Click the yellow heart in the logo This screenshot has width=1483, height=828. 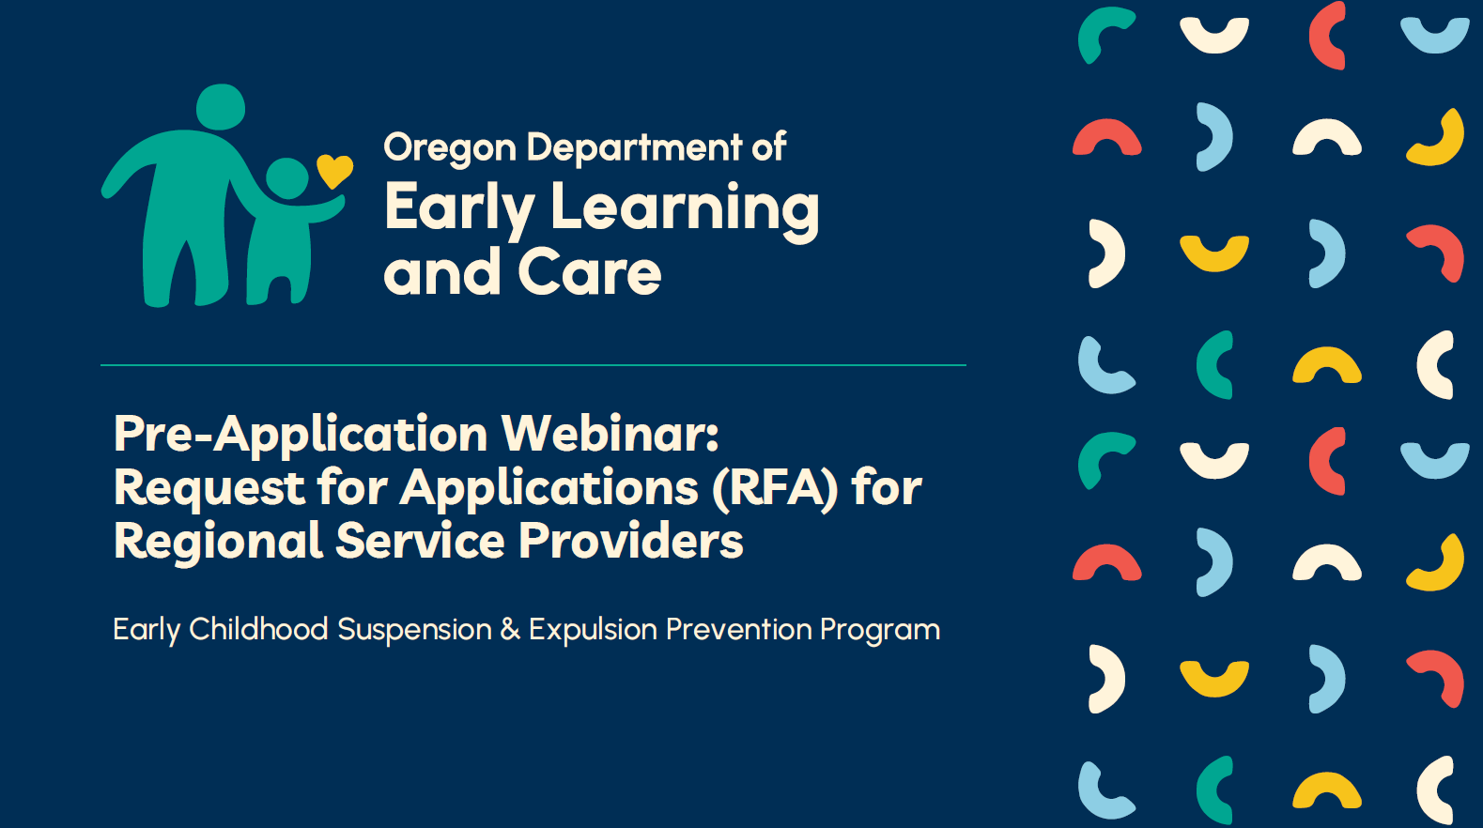(334, 170)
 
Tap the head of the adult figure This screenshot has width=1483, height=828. (221, 107)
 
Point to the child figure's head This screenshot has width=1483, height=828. (287, 178)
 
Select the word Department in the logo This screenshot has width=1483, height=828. (634, 147)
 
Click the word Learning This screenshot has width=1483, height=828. (685, 208)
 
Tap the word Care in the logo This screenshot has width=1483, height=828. (589, 273)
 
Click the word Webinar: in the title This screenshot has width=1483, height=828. (610, 434)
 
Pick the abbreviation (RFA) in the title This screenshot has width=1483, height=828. (775, 488)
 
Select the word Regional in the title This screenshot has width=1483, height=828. (218, 542)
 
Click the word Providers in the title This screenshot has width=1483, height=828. (630, 542)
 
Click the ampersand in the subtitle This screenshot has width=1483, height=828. (510, 629)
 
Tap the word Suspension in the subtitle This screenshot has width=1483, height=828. (414, 630)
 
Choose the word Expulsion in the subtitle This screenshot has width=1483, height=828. (593, 630)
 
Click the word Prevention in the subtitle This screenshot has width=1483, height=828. (738, 629)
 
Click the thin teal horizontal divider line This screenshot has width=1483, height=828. (533, 365)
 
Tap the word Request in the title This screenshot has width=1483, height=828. (209, 489)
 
